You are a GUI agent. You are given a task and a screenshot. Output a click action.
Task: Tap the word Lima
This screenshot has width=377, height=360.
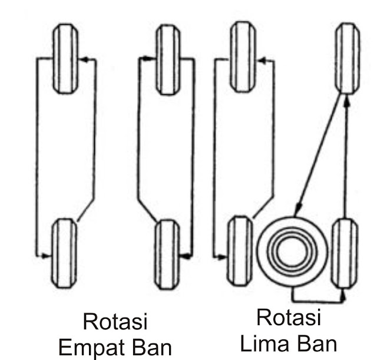coord(272,342)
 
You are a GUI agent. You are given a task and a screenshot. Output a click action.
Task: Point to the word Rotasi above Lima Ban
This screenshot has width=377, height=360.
coord(289,318)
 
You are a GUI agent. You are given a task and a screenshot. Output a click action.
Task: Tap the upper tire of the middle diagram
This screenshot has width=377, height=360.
coord(167,59)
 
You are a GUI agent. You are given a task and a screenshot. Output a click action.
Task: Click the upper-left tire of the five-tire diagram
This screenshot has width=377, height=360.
coord(241,57)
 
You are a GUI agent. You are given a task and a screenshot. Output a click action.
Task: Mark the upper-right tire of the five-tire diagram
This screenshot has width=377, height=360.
coord(346,57)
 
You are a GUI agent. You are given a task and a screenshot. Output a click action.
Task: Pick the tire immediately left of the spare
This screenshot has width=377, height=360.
coord(240,252)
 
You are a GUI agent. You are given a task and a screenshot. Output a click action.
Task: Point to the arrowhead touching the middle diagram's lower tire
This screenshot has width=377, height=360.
coord(184,256)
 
